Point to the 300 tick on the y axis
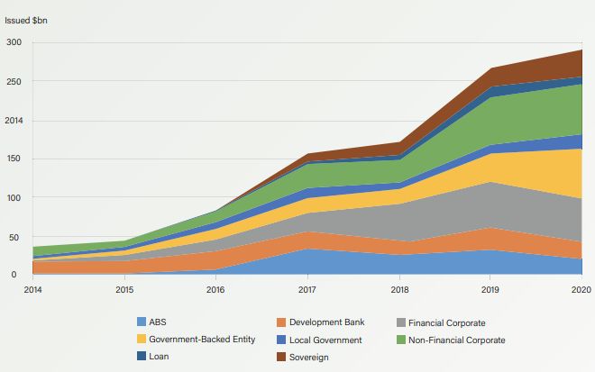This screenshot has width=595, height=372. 14,42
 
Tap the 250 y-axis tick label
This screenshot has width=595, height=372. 14,81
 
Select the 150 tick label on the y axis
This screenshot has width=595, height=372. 14,159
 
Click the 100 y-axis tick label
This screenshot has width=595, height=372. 14,197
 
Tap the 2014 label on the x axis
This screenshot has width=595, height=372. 33,289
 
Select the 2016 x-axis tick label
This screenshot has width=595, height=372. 215,289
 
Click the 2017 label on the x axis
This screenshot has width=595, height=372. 307,289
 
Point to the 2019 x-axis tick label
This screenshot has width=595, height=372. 490,289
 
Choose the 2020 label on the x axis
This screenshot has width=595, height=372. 581,289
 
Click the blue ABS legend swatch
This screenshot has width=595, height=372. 141,322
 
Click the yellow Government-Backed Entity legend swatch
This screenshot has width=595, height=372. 141,340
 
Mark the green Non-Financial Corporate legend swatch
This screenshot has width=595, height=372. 401,340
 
